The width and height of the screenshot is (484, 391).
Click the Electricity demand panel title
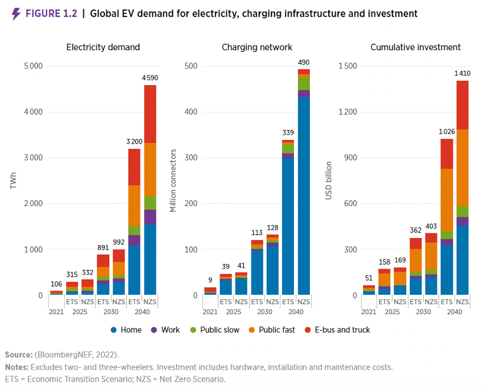pos(103,47)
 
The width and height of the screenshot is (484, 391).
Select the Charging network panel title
pos(257,47)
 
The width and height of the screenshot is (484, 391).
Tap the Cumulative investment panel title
pos(416,47)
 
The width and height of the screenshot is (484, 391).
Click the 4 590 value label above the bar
pos(150,77)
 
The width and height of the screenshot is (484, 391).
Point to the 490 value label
pos(303,62)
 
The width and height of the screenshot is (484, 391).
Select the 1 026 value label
pos(447,131)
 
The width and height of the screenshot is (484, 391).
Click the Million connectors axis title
pos(173,181)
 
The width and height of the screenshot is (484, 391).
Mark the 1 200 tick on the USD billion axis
pos(346,112)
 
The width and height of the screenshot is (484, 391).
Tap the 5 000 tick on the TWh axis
pos(32,66)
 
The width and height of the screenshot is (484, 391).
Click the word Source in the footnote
pos(19,354)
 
